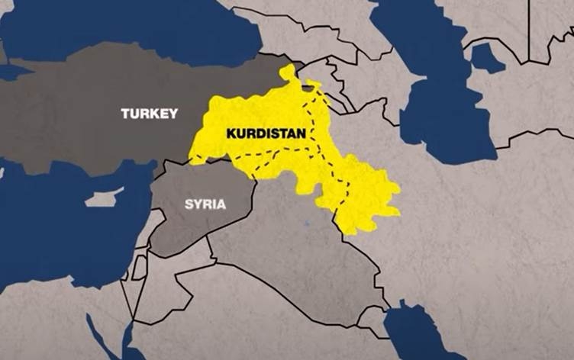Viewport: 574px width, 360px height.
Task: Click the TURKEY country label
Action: click(x=149, y=114)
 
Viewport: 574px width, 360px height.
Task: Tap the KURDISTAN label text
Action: click(x=266, y=133)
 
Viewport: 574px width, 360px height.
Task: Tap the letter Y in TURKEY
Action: click(x=173, y=114)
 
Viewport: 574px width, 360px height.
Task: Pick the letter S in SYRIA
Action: click(x=189, y=204)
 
